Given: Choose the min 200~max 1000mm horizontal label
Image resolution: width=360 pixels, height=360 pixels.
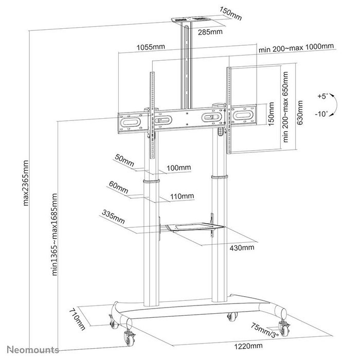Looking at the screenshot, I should (x=296, y=47).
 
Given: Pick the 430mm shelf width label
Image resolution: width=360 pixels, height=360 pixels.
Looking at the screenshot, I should (x=242, y=247).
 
